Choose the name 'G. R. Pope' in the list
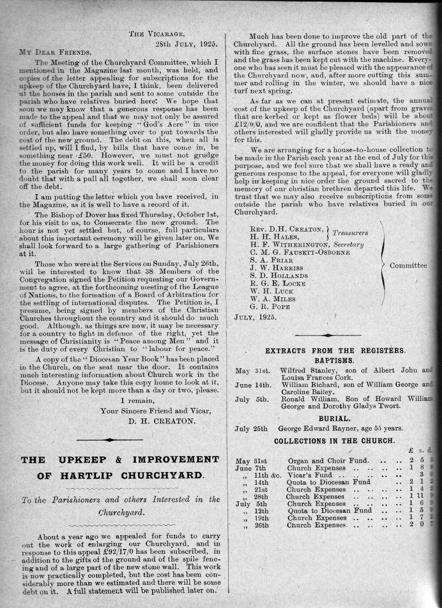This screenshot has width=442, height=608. pyautogui.click(x=270, y=306)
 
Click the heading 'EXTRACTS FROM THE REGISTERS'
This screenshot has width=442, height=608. pyautogui.click(x=335, y=350)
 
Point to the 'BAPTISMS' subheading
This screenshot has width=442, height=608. pyautogui.click(x=335, y=360)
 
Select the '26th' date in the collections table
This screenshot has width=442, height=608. pyautogui.click(x=261, y=525)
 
